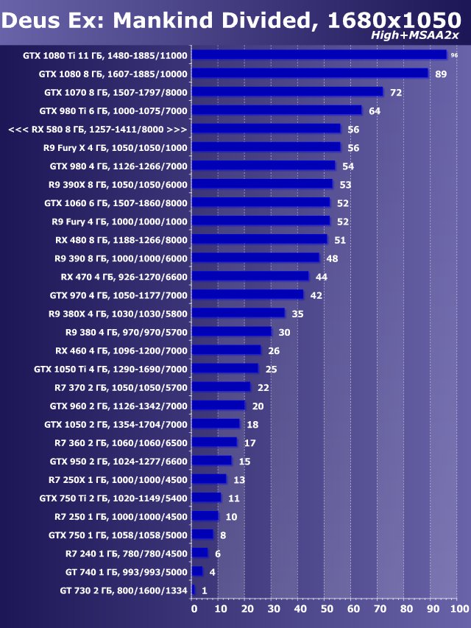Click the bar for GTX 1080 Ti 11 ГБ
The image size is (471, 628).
coord(319,54)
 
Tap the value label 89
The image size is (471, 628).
coord(441,74)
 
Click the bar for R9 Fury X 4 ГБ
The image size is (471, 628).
coord(266,147)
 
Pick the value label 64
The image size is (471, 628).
coord(374,110)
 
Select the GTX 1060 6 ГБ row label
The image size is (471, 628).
coord(116,202)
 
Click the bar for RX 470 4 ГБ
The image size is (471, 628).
coord(250,276)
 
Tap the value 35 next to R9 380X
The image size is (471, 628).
coord(297,314)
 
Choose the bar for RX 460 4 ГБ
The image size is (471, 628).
coord(226,350)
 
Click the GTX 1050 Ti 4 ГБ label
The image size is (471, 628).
coord(110,369)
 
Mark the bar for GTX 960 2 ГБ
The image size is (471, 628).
coord(218,406)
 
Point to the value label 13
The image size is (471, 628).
coord(239,479)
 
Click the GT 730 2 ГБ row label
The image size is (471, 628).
coord(124,590)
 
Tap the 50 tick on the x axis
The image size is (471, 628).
coord(327,609)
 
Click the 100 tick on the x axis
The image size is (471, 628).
coord(458,609)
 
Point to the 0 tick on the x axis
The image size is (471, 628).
coord(194,609)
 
